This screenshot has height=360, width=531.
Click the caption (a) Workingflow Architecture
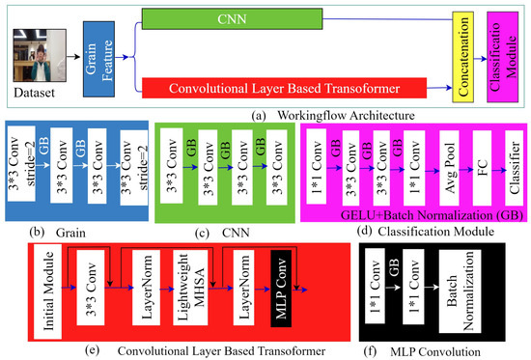[x=319, y=115]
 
